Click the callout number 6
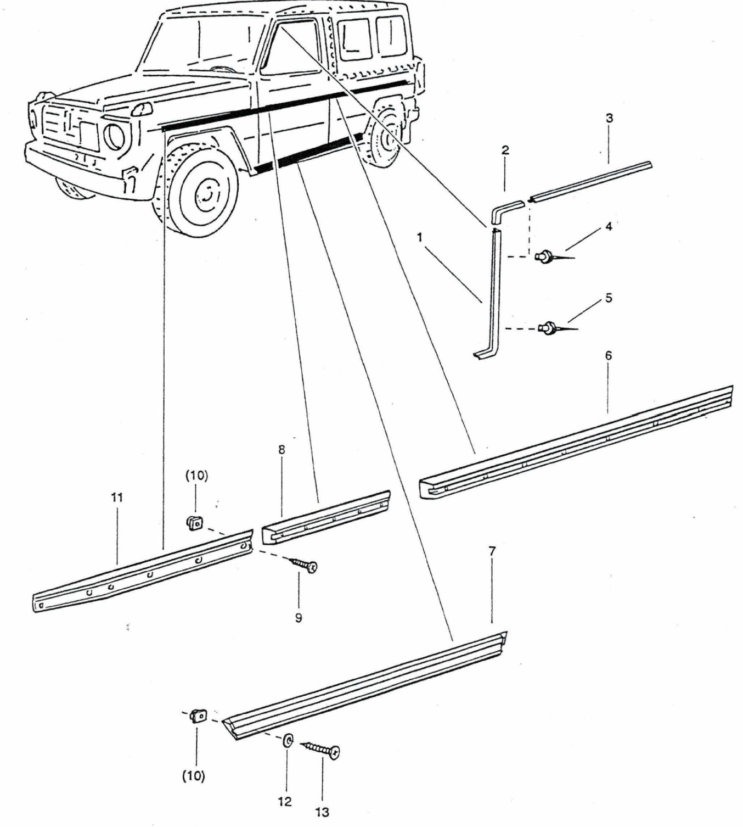coord(609,356)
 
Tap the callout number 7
coord(492,551)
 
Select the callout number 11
coord(117,498)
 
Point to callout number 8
coord(282,450)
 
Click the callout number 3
coord(609,118)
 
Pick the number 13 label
coord(322,811)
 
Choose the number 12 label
coord(285,801)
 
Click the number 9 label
coord(299,618)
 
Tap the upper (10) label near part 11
coord(196,476)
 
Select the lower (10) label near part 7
coord(194,776)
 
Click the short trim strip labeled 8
coord(327,517)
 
